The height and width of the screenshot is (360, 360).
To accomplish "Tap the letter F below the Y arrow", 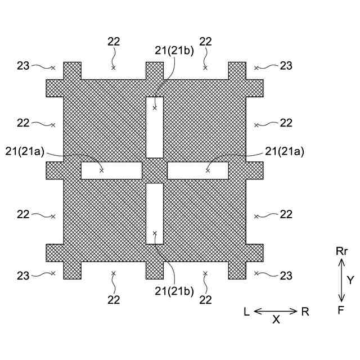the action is [341, 309].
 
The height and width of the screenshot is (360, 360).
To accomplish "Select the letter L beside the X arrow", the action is [247, 311].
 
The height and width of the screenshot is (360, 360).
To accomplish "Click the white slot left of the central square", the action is [111, 170].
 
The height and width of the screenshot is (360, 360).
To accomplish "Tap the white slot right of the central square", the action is [198, 170].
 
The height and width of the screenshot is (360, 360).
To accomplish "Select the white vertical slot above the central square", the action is [155, 128].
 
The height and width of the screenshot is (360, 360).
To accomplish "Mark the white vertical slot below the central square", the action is [155, 214].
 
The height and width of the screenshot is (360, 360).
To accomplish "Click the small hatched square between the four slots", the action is [155, 170].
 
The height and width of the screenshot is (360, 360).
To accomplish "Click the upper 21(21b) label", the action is [174, 51].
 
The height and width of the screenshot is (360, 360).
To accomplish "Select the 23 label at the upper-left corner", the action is [23, 66].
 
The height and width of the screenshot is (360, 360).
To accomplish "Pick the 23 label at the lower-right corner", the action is [286, 276].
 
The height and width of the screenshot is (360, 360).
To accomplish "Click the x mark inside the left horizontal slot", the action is [102, 170].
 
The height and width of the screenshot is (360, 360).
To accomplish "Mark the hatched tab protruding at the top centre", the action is [155, 70].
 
